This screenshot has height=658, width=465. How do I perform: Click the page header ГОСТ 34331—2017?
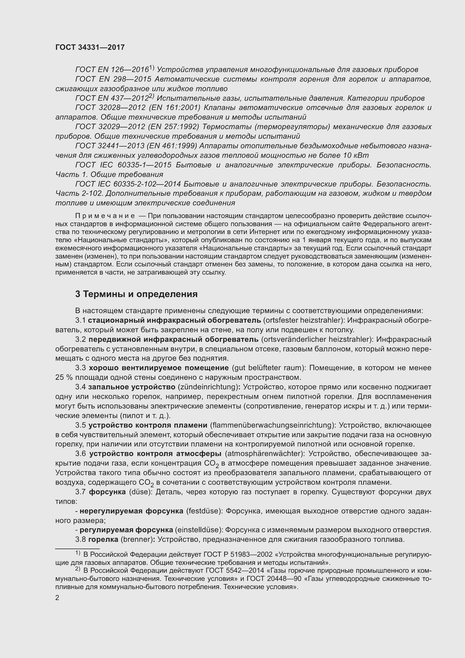(90, 47)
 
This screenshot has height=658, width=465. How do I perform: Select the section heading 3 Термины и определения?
(136, 294)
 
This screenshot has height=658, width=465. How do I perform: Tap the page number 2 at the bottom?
(57, 598)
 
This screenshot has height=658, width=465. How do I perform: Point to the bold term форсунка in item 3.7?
(107, 492)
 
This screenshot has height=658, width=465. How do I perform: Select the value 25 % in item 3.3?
(64, 378)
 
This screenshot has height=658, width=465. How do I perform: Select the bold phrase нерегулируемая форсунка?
(131, 511)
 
